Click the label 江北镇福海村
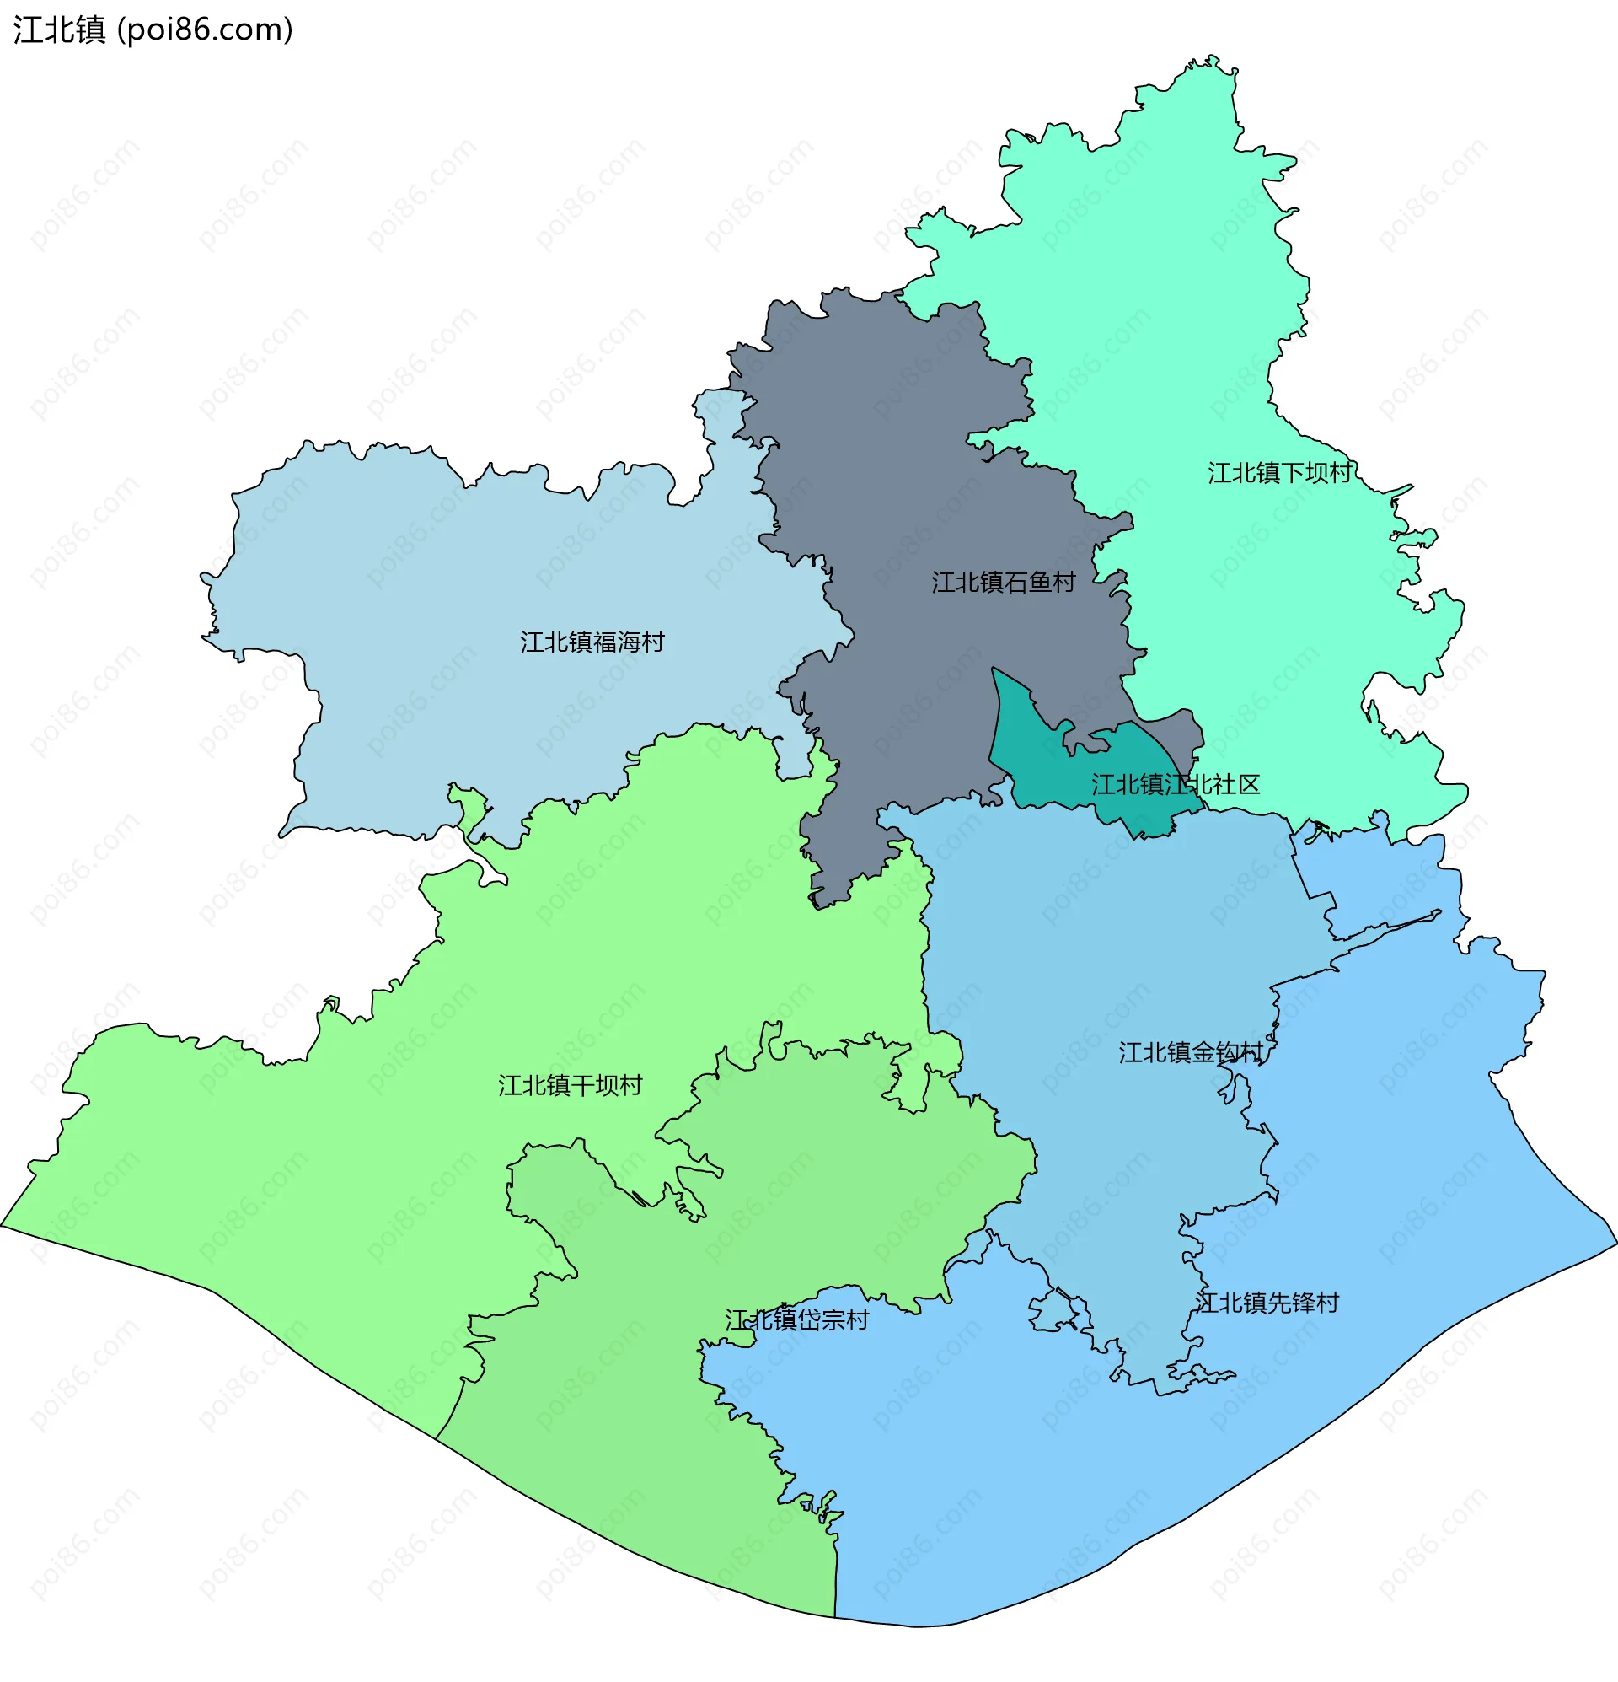592,642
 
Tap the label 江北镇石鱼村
1003,583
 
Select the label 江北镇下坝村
1279,473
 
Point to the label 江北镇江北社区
1176,784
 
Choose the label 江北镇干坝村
571,1086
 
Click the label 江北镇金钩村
1191,1053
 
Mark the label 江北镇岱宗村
797,1319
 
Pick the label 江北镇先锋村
1267,1303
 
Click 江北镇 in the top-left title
59,30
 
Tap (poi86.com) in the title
205,30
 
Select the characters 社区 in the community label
1236,784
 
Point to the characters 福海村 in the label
628,642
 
